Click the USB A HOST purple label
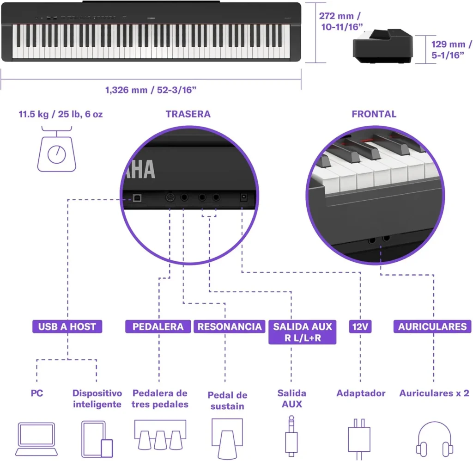pyautogui.click(x=67, y=326)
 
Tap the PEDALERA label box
pyautogui.click(x=158, y=326)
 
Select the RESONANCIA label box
pyautogui.click(x=229, y=326)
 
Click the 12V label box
pyautogui.click(x=360, y=326)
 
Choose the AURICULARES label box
pyautogui.click(x=432, y=326)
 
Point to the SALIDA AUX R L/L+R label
pyautogui.click(x=302, y=332)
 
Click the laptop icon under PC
pyautogui.click(x=36, y=439)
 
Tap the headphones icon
pyautogui.click(x=434, y=439)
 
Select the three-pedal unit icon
pyautogui.click(x=160, y=435)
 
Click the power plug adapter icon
pyautogui.click(x=359, y=439)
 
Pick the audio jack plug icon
pyautogui.click(x=291, y=436)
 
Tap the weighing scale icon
pyautogui.click(x=57, y=149)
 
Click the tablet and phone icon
pyautogui.click(x=97, y=439)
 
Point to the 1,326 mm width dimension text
pyautogui.click(x=151, y=90)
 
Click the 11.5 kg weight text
pyautogui.click(x=61, y=114)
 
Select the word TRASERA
pyautogui.click(x=188, y=114)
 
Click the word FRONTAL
pyautogui.click(x=374, y=114)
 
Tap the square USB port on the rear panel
pyautogui.click(x=137, y=198)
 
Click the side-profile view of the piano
pyautogui.click(x=383, y=46)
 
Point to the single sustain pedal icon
pyautogui.click(x=227, y=438)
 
